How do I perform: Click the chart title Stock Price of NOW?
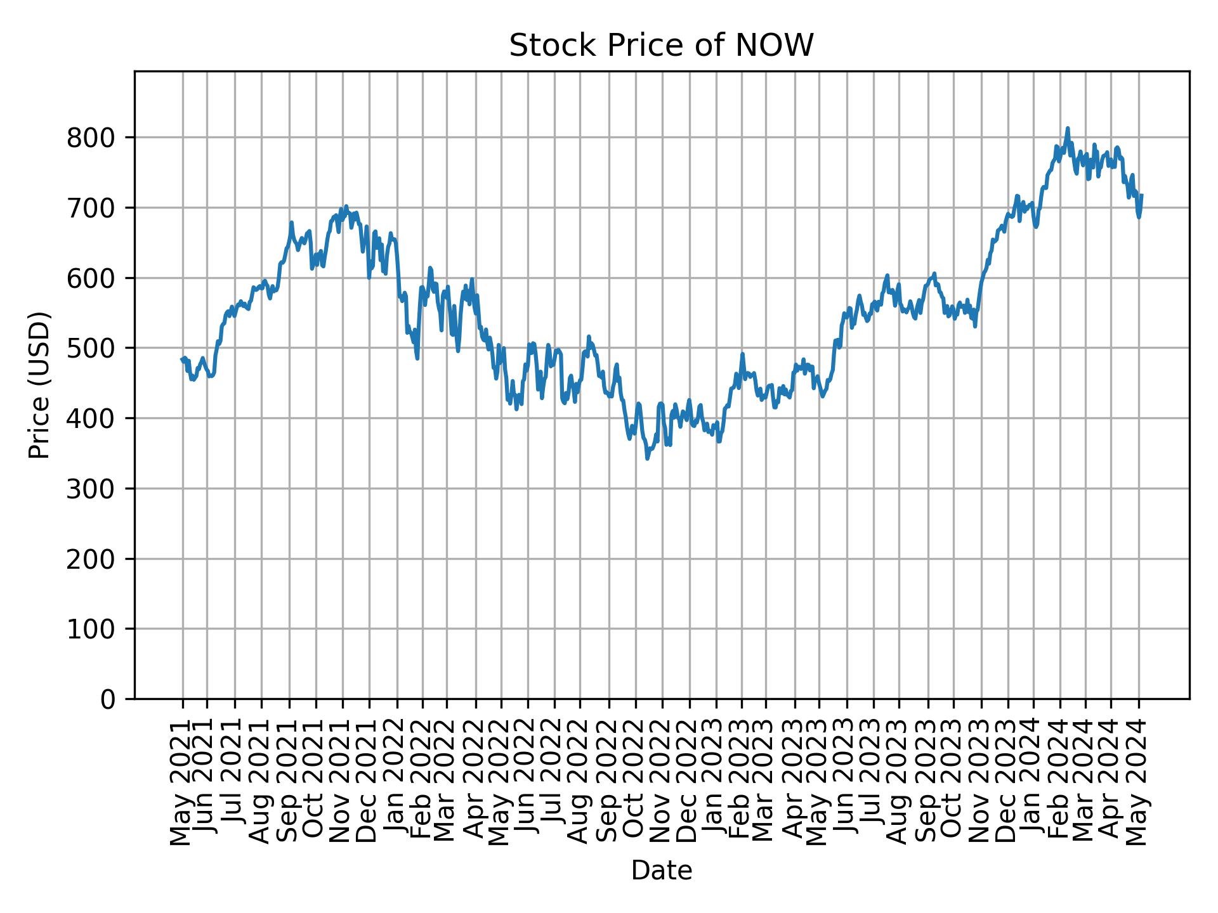click(x=661, y=46)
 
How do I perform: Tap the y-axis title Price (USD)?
click(x=39, y=385)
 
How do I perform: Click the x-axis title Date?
click(x=661, y=871)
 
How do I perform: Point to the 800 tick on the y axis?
click(x=95, y=138)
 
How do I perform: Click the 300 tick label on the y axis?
click(x=95, y=489)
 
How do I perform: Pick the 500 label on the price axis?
click(x=95, y=349)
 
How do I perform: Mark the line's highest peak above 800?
click(x=1068, y=128)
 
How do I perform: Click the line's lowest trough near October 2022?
click(x=647, y=458)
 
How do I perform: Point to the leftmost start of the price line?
click(x=181, y=359)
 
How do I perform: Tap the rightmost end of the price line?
click(x=1142, y=195)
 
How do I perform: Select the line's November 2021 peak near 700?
click(x=346, y=206)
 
